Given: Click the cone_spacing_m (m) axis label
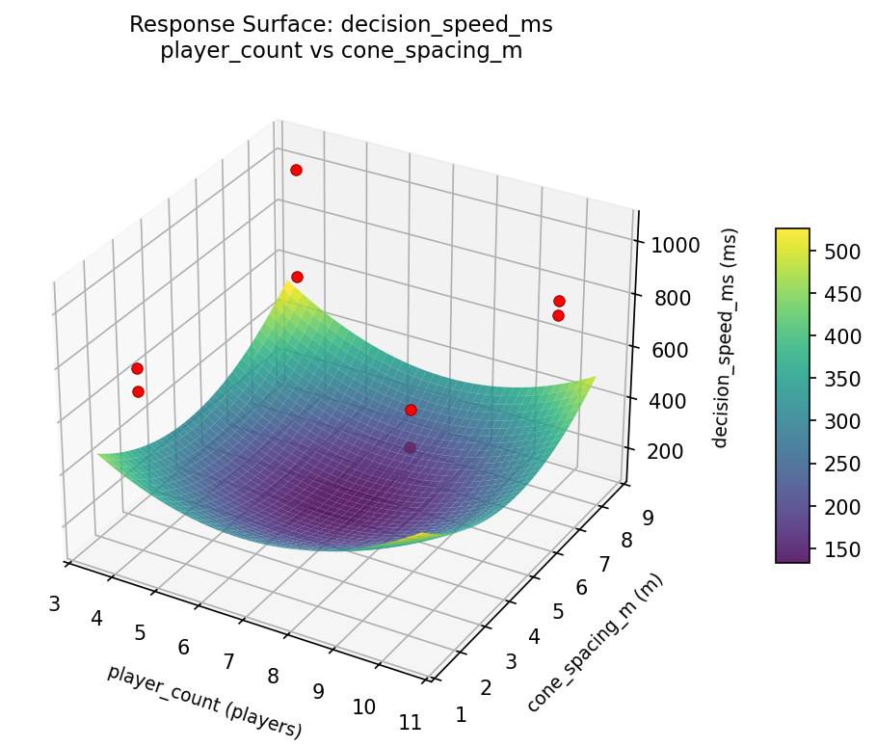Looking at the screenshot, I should click(595, 642).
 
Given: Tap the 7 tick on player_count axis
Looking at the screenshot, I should click(228, 662).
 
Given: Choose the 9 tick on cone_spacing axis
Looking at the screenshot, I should click(649, 518).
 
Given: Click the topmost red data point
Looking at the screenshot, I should click(296, 170).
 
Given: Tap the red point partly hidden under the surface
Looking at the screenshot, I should click(411, 447).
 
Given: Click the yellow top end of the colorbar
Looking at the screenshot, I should click(792, 233).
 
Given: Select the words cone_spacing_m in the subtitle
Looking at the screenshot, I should click(432, 52).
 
